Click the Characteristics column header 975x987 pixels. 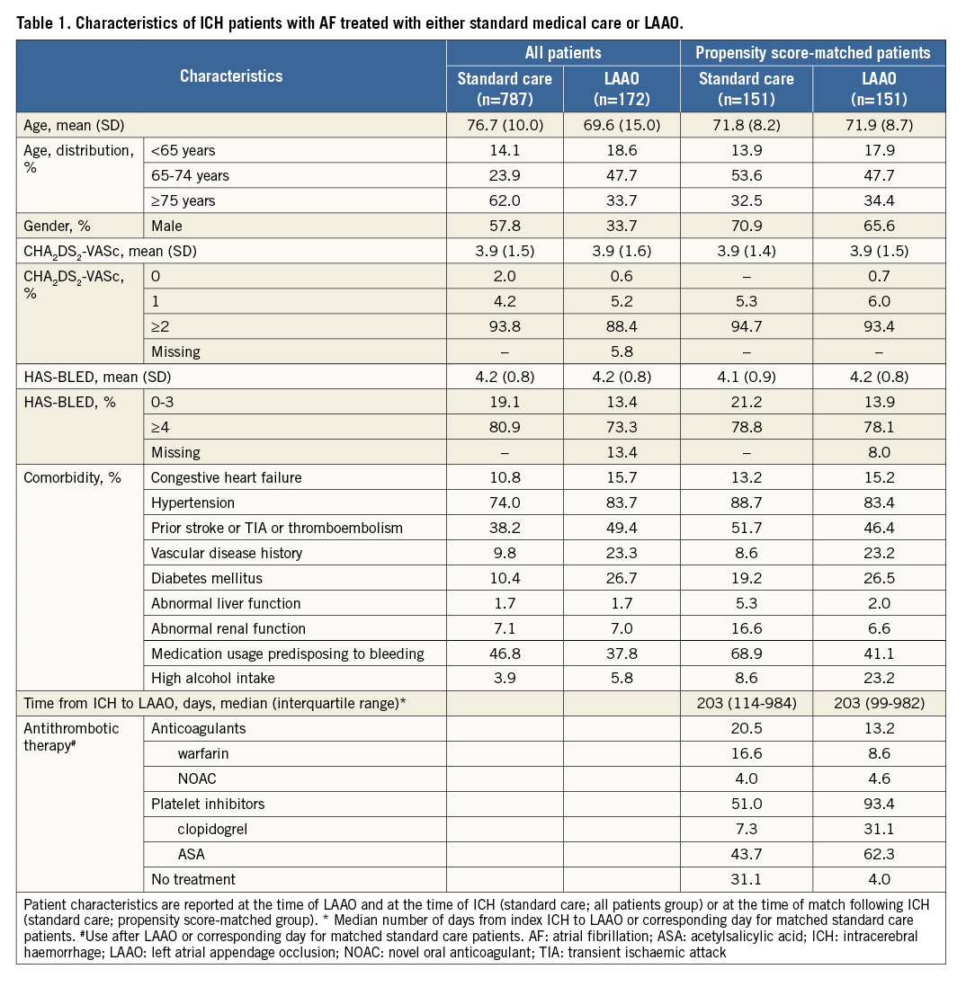click(x=231, y=76)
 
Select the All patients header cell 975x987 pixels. click(x=563, y=53)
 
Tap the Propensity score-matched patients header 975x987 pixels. click(x=812, y=53)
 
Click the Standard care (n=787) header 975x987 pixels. click(x=505, y=89)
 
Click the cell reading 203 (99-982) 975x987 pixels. click(x=870, y=704)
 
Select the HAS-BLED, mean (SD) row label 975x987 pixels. click(x=92, y=377)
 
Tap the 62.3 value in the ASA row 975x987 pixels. click(x=870, y=854)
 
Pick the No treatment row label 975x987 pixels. click(x=193, y=879)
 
